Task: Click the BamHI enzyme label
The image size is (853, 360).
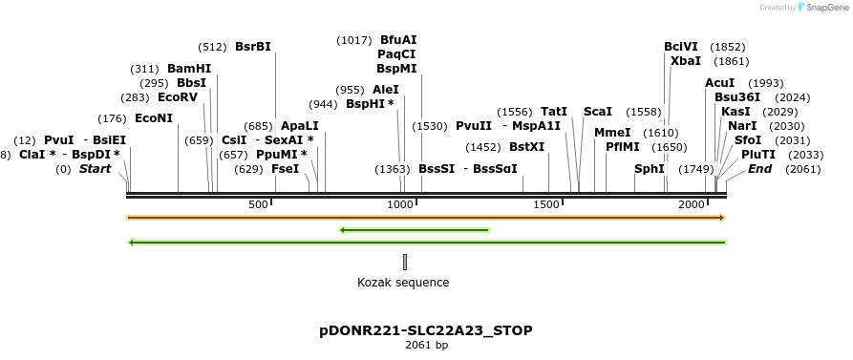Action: coord(189,69)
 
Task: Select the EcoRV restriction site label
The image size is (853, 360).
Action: coord(178,97)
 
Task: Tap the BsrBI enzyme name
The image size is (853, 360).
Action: coord(253,47)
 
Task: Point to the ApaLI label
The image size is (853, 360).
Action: coord(300,126)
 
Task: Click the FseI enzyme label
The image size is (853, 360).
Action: coord(286,168)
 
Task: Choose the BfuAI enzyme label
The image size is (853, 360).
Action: coord(398,40)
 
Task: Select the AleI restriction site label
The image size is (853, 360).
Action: coord(386,90)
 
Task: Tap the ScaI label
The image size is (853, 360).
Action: coord(597,112)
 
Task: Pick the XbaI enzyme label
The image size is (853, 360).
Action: coord(685,61)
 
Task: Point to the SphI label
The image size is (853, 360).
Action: coord(649,168)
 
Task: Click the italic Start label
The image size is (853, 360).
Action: coord(95,169)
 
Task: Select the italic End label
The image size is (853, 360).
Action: coord(760,169)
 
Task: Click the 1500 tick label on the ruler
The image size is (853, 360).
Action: coord(547,205)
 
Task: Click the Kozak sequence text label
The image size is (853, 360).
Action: coord(403,283)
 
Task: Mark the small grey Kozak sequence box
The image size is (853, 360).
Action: coord(405,262)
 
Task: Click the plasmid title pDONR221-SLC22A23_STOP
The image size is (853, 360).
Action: coord(426,330)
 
